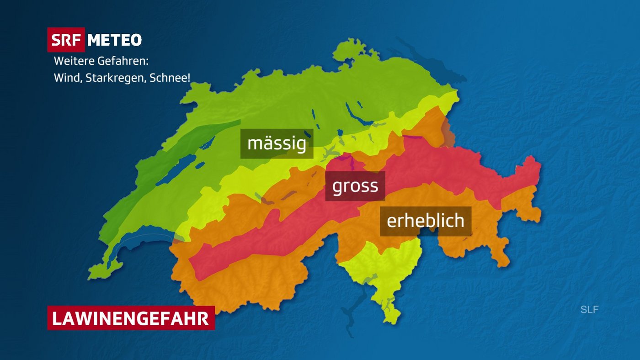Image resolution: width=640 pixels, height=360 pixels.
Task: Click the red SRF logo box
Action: (x=66, y=40)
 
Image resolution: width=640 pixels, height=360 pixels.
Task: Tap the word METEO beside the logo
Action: (x=114, y=40)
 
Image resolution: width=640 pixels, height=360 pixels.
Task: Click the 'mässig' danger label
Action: (x=277, y=143)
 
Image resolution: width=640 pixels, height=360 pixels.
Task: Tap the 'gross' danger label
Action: (x=355, y=186)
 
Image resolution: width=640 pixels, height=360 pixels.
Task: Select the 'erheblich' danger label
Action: (x=425, y=221)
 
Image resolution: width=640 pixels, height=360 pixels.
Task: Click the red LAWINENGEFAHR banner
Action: (x=131, y=318)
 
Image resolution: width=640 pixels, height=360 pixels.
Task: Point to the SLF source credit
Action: (x=589, y=310)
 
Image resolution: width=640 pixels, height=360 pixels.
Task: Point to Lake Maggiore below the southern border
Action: (x=361, y=292)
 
